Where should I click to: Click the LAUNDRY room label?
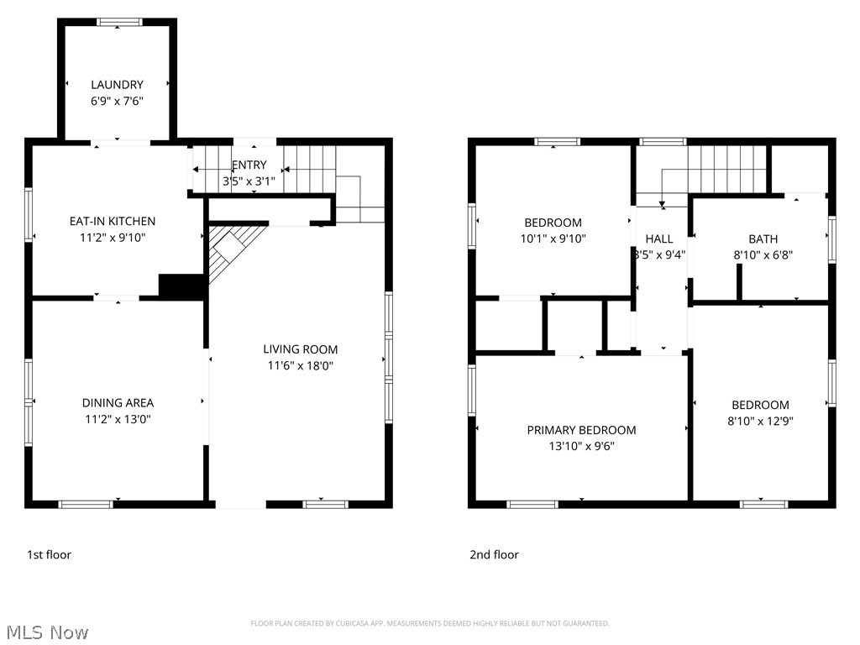pos(117,84)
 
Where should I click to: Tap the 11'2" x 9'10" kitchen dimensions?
pos(112,238)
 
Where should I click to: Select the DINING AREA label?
pos(118,402)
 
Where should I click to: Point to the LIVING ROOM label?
pos(300,349)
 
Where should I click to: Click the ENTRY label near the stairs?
pos(249,165)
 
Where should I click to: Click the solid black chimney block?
pos(181,286)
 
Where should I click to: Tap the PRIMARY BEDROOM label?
pos(581,429)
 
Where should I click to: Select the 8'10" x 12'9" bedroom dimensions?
pos(759,422)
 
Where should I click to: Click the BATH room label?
pos(763,239)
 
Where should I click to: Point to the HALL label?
pos(659,239)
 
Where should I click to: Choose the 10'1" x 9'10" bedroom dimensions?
pos(553,239)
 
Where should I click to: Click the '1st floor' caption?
pos(49,554)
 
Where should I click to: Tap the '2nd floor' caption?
pos(494,554)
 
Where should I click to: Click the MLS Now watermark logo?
pos(46,632)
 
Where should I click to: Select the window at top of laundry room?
pos(118,22)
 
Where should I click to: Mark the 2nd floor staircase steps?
pos(727,168)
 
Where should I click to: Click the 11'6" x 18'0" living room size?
pos(300,365)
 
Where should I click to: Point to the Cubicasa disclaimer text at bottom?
pos(429,623)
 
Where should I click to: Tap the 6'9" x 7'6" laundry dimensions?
pos(117,101)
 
